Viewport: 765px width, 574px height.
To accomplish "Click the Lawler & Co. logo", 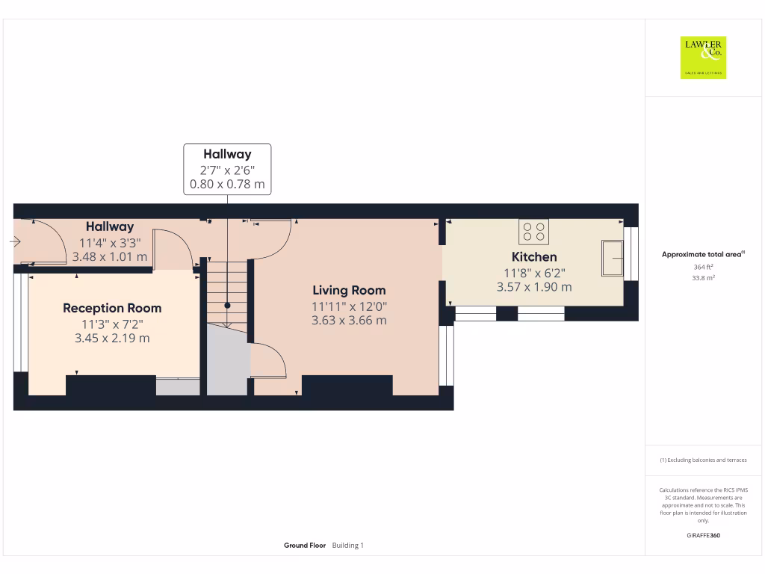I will [703, 58].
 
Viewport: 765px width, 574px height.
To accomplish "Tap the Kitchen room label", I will [534, 257].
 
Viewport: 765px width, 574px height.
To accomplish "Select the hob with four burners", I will [534, 232].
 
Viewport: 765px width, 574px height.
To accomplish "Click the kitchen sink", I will [613, 259].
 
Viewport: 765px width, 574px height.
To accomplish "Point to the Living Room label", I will [349, 290].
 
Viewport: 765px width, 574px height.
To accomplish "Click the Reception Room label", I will [112, 308].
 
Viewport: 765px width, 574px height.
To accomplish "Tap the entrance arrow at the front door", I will [16, 241].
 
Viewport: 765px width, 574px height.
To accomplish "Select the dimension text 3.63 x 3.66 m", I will [349, 321].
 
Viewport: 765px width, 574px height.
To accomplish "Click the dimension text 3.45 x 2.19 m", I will [112, 338].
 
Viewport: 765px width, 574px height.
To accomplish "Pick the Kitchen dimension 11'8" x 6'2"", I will [534, 273].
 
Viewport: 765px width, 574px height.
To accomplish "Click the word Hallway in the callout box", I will [227, 155].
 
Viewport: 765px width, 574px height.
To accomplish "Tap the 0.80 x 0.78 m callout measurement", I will [227, 184].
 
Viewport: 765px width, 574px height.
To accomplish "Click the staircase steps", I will [227, 288].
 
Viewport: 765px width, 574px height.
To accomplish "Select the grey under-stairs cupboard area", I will [226, 362].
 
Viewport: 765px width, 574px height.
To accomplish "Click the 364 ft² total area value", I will [703, 267].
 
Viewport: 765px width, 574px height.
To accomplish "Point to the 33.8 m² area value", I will [703, 277].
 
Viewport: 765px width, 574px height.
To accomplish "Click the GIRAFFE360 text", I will [703, 535].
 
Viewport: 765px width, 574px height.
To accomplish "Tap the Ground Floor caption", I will [305, 546].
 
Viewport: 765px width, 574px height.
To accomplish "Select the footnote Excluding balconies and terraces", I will [703, 460].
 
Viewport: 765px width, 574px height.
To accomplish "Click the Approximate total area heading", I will [702, 255].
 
